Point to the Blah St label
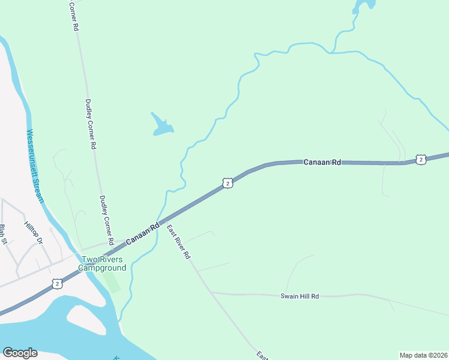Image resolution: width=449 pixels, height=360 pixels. [4, 234]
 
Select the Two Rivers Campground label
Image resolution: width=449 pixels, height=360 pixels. [103, 263]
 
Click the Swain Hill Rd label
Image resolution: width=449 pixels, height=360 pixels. [299, 296]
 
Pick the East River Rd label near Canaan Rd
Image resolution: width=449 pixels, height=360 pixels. [178, 241]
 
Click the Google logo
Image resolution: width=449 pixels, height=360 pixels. [20, 353]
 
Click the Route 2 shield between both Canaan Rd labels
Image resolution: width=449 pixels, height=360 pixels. [226, 183]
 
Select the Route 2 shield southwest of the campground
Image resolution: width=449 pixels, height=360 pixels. [57, 283]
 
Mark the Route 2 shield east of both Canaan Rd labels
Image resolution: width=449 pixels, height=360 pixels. [421, 159]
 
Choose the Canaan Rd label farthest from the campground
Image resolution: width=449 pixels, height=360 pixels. [322, 162]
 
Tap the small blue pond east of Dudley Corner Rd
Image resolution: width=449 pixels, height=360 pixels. [161, 126]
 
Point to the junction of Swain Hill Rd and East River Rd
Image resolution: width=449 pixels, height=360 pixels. [211, 292]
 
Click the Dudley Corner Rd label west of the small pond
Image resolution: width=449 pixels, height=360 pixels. [91, 124]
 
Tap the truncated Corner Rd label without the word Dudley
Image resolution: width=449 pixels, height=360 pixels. [74, 16]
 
